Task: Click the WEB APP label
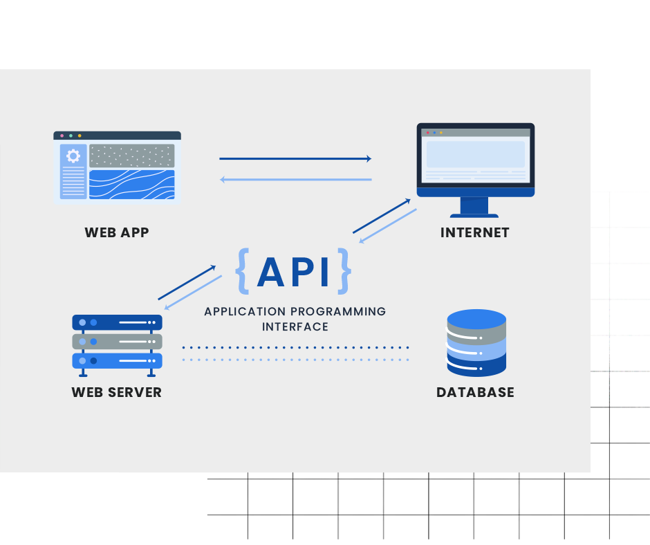point(116,232)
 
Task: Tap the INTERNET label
point(474,232)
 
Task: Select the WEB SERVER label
point(116,392)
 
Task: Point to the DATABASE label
point(475,392)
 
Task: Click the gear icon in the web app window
point(73,156)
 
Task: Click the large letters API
point(293,271)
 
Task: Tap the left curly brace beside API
point(242,270)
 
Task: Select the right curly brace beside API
point(344,270)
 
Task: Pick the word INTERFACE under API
point(295,326)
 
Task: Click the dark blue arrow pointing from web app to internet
point(295,159)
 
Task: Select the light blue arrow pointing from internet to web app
point(295,180)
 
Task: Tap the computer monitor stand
point(474,207)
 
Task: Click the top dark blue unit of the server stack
point(117,322)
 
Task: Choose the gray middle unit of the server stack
point(117,342)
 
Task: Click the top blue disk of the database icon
point(476,319)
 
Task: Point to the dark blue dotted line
point(295,347)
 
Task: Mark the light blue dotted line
point(295,360)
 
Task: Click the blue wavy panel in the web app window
point(131,185)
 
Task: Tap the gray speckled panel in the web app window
point(131,156)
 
